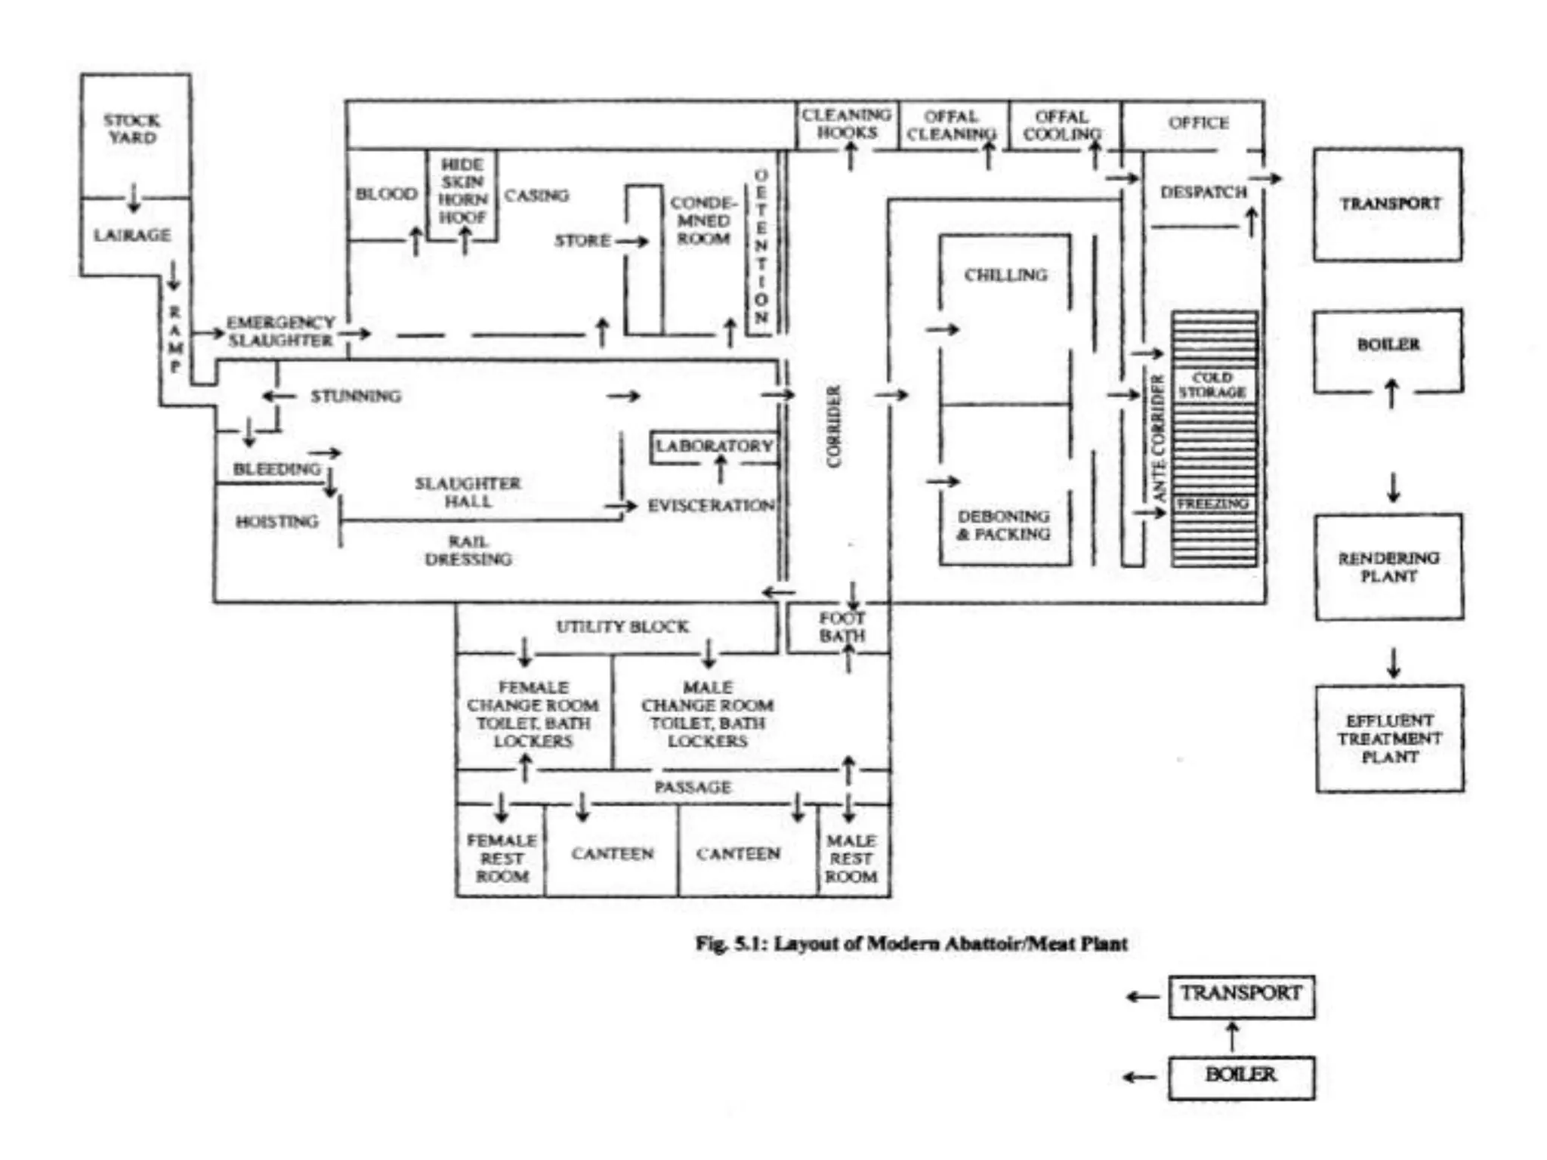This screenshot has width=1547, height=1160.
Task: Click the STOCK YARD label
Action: click(x=131, y=128)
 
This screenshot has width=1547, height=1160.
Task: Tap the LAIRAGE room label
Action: click(x=131, y=235)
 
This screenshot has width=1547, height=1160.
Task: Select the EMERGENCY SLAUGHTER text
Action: click(x=280, y=332)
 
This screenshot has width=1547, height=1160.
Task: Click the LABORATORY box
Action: click(x=714, y=446)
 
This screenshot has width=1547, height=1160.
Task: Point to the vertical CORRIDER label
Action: click(x=834, y=427)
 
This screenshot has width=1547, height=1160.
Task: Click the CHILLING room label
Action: click(x=1005, y=275)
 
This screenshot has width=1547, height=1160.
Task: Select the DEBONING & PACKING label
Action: click(x=1004, y=525)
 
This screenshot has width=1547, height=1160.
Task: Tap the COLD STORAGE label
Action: click(x=1212, y=384)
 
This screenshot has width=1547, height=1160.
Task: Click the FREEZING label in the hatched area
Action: click(x=1212, y=503)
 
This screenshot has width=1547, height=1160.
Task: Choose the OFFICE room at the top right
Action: click(x=1198, y=123)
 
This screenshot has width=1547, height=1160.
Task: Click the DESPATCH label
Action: click(x=1203, y=193)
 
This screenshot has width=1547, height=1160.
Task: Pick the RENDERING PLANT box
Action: click(x=1388, y=566)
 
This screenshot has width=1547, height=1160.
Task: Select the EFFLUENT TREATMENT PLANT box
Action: click(x=1389, y=738)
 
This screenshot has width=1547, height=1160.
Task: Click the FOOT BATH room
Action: click(x=841, y=627)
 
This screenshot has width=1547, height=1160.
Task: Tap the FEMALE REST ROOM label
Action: click(x=502, y=858)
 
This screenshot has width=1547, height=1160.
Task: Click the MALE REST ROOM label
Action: click(x=851, y=858)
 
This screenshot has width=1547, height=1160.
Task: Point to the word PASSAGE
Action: click(x=692, y=787)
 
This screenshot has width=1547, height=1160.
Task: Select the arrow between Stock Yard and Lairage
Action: click(x=134, y=197)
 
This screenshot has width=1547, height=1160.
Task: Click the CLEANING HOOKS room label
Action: click(x=846, y=124)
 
